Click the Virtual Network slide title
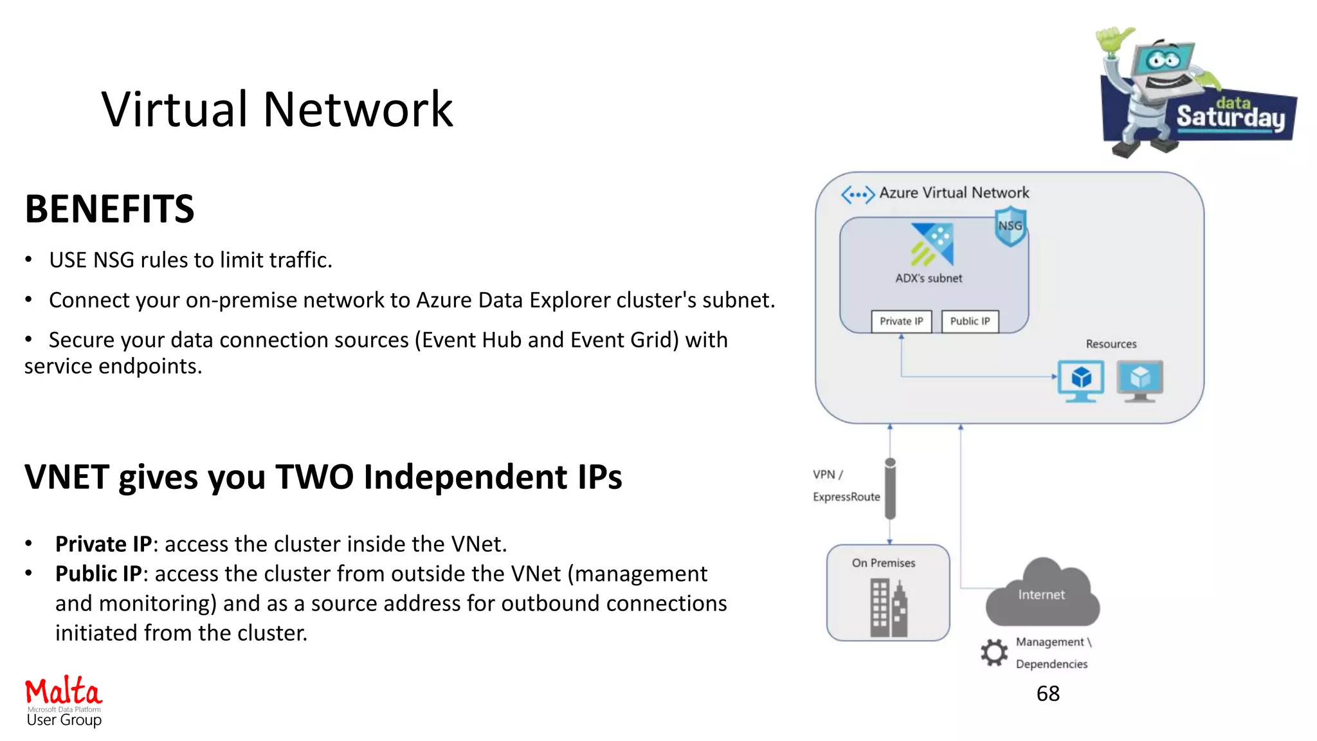click(x=277, y=109)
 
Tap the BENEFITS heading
click(x=109, y=209)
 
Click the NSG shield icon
click(x=1010, y=226)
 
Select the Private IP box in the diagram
click(x=901, y=321)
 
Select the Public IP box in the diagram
click(x=970, y=321)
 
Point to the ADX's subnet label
click(x=929, y=279)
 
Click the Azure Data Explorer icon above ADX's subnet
click(x=932, y=244)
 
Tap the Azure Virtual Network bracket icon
click(x=858, y=194)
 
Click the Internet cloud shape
click(x=1042, y=595)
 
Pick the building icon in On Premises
click(x=888, y=608)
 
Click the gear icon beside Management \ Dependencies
click(x=994, y=652)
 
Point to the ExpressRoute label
click(x=846, y=497)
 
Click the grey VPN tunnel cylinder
click(x=890, y=489)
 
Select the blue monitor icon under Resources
click(x=1081, y=380)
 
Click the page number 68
click(x=1048, y=693)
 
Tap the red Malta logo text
click(x=63, y=692)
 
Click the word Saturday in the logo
click(x=1230, y=118)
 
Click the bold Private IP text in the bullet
click(x=103, y=544)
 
